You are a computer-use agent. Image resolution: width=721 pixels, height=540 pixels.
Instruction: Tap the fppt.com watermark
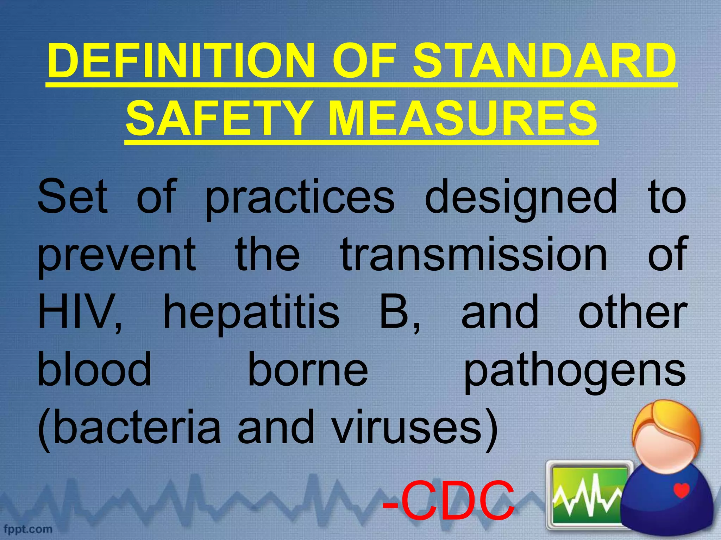point(28,529)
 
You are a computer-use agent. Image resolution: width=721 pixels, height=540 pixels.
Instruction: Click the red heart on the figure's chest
point(681,490)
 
